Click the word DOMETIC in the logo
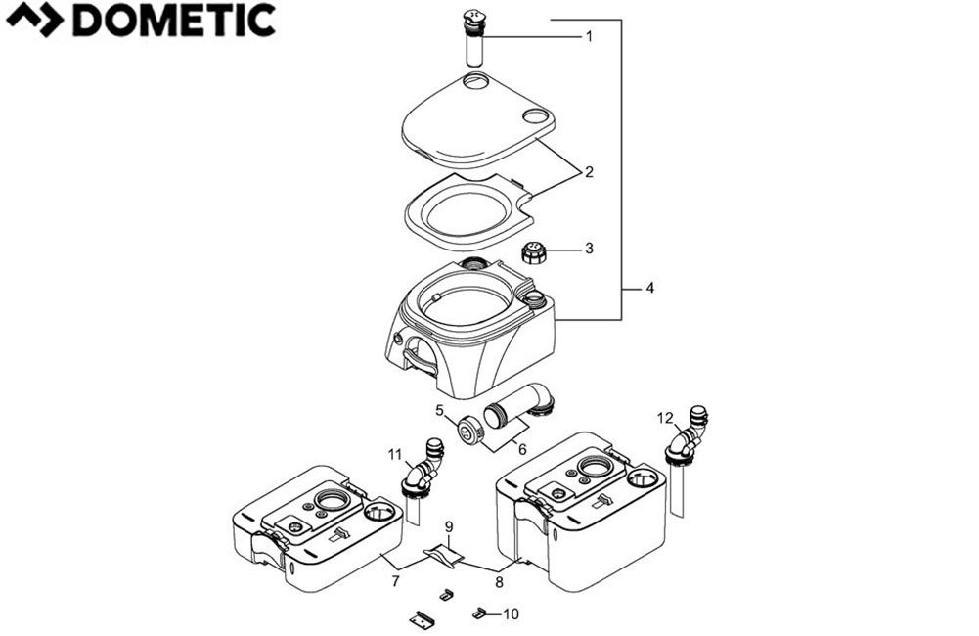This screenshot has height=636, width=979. click(174, 20)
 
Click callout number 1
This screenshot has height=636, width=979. click(589, 36)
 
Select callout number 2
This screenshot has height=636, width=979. click(589, 172)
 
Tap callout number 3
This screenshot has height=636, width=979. click(589, 249)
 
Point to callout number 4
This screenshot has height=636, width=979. click(650, 288)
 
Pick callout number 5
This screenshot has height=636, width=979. click(440, 410)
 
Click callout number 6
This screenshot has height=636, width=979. click(521, 449)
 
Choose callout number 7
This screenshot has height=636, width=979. click(395, 582)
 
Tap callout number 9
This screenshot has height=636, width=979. click(449, 527)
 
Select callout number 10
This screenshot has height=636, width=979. click(511, 614)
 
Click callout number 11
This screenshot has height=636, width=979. click(395, 454)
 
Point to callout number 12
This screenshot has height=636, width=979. click(665, 418)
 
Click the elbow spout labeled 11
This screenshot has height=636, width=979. click(423, 471)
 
